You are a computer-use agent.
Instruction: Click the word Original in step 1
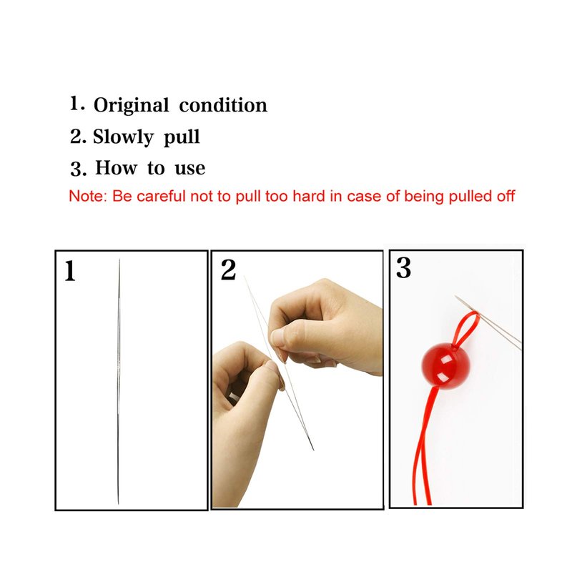tap(132, 106)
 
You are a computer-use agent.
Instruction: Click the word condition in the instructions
tap(223, 105)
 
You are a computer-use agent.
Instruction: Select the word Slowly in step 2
tap(123, 137)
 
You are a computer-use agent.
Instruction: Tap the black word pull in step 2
tap(182, 137)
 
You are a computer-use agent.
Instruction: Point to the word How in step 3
tap(117, 168)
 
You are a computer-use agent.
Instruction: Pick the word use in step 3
tap(189, 169)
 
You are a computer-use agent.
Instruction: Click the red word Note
tap(87, 196)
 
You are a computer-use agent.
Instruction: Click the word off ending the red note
tap(506, 196)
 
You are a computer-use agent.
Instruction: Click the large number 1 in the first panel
tap(69, 271)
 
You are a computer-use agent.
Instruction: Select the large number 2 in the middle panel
tap(228, 270)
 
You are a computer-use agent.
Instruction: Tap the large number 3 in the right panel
tap(403, 268)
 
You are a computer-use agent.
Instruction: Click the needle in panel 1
tap(119, 381)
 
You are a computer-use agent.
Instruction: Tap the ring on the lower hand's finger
tap(232, 398)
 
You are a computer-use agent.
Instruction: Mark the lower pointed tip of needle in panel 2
tap(314, 450)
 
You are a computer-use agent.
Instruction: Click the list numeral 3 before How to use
tap(78, 169)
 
